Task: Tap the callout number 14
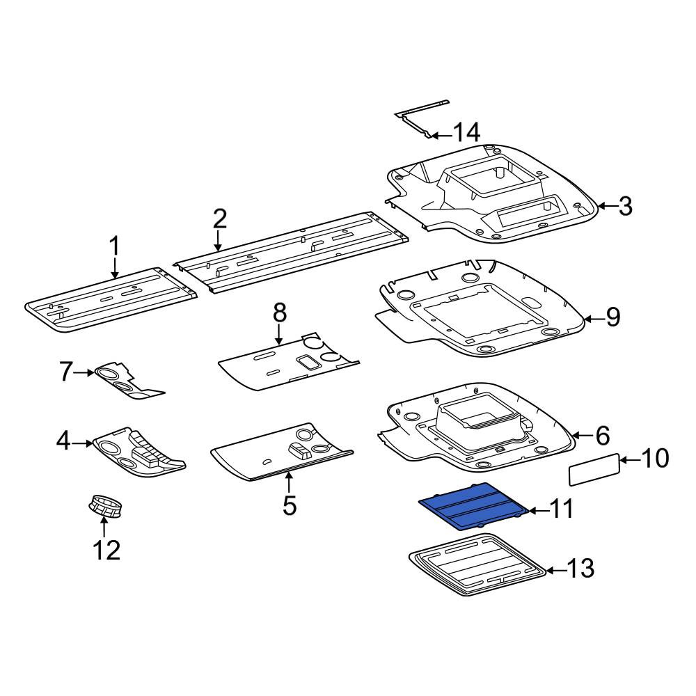pyautogui.click(x=466, y=132)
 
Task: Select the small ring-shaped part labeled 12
pyautogui.click(x=106, y=505)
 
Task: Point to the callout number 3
pyautogui.click(x=625, y=207)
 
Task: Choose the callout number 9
pyautogui.click(x=613, y=317)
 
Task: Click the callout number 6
pyautogui.click(x=602, y=436)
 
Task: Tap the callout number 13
pyautogui.click(x=580, y=569)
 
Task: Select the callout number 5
pyautogui.click(x=290, y=505)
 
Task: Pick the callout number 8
pyautogui.click(x=280, y=313)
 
